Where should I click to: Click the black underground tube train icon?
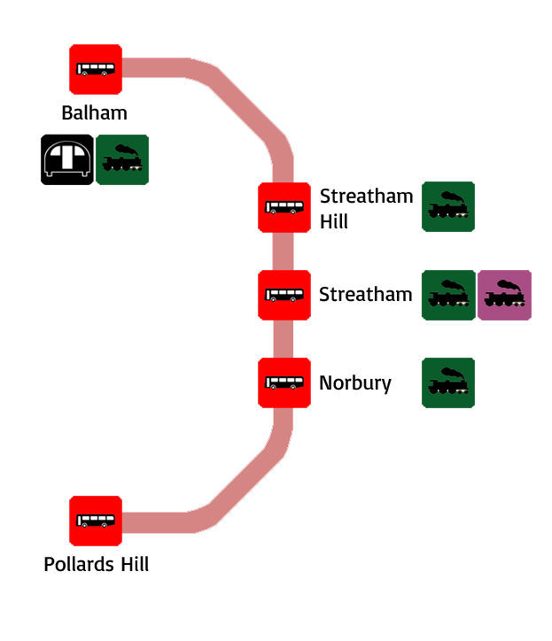[67, 159]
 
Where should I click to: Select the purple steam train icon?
[504, 295]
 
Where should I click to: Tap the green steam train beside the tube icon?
[122, 159]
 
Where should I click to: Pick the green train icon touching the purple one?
[448, 295]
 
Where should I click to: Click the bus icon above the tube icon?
[96, 69]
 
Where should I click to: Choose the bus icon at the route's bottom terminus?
[96, 521]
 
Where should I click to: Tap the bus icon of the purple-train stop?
[284, 295]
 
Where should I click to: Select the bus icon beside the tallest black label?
[284, 207]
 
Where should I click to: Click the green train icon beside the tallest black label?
[448, 206]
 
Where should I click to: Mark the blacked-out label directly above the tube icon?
[94, 112]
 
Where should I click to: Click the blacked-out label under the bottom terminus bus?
[97, 564]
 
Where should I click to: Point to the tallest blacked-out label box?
[367, 208]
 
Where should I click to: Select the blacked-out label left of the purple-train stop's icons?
[366, 294]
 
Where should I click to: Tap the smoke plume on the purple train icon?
[508, 284]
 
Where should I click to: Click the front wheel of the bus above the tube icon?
[84, 73]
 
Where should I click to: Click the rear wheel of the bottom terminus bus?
[105, 525]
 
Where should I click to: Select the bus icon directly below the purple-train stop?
[284, 382]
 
